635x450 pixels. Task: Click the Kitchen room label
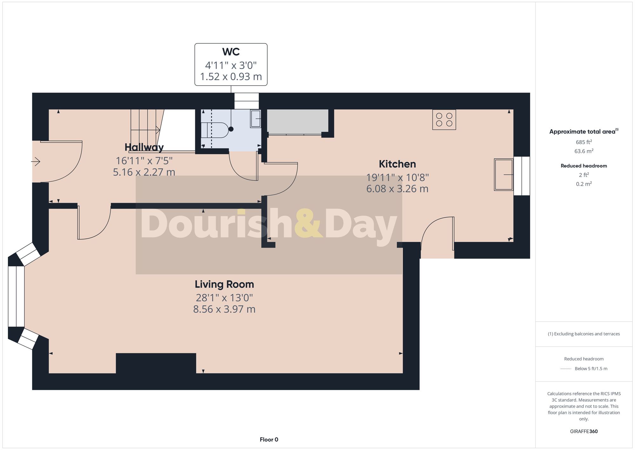coord(397,164)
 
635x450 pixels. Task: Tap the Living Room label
coord(224,284)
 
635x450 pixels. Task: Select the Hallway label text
coord(144,147)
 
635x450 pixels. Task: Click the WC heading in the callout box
coord(231,52)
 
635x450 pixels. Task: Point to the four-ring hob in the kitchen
coord(444,120)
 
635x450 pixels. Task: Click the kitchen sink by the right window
coord(503,175)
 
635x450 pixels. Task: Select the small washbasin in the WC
coord(255,119)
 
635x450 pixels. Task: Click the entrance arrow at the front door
coord(36,162)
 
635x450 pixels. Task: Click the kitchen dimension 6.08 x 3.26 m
coord(397,189)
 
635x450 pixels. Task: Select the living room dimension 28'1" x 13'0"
coord(224,298)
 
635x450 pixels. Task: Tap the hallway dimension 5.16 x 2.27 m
coord(144,172)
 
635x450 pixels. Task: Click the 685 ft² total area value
coord(584,142)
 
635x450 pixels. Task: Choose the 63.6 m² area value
coord(584,151)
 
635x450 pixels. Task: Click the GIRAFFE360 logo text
coord(584,432)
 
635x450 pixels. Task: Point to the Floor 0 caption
coord(269,440)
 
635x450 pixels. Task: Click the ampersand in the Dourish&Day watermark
coord(308,223)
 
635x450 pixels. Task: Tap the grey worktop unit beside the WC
coord(297,121)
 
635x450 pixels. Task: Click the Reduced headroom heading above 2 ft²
coord(584,166)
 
